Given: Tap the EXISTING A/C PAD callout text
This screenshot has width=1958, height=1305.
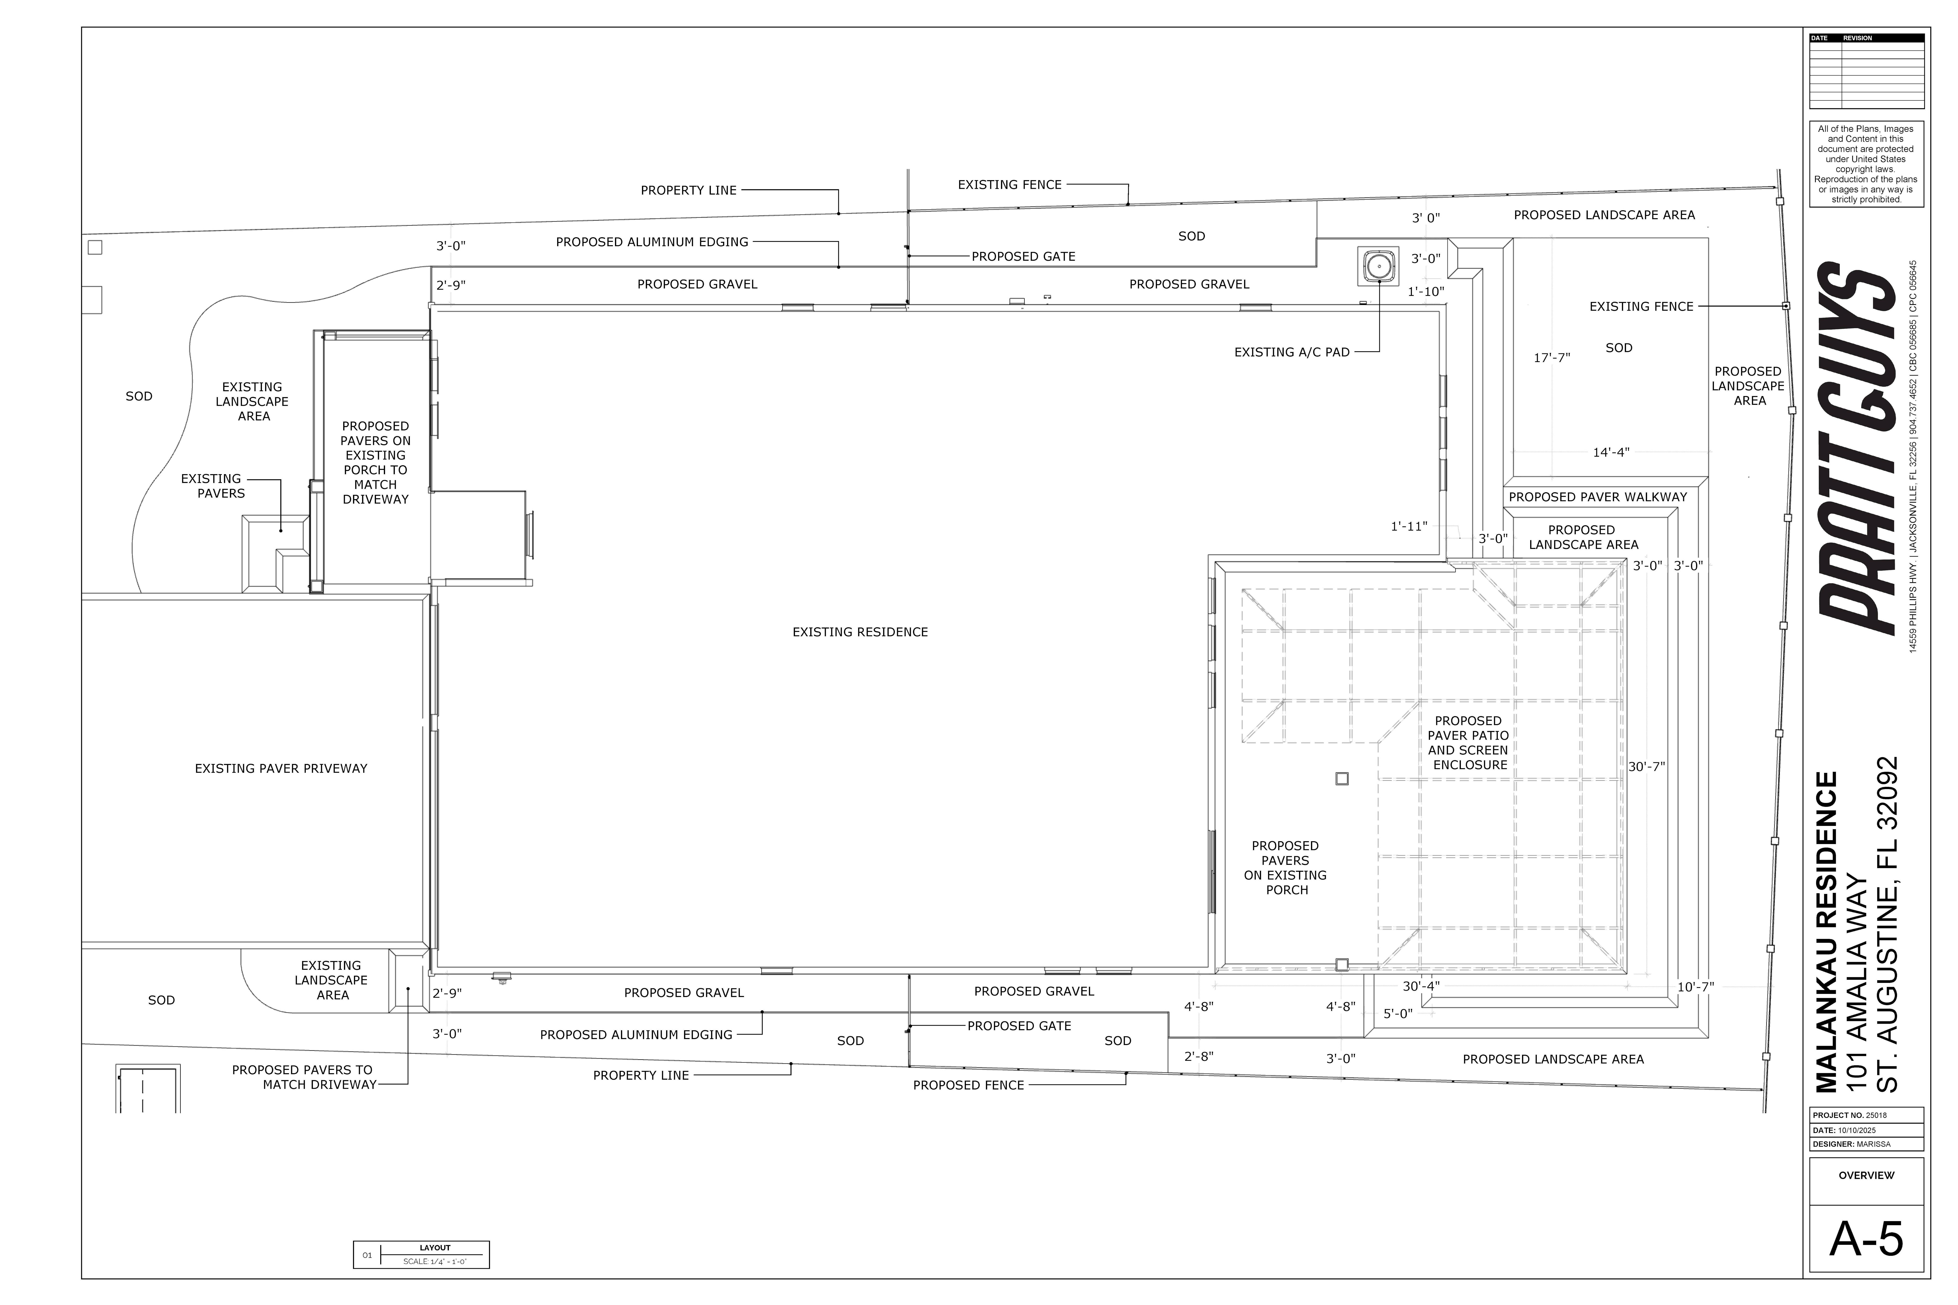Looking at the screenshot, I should (x=1291, y=352).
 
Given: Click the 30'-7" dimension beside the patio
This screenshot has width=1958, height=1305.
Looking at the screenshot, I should (x=1646, y=767).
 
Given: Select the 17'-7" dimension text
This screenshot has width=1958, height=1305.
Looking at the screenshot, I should (x=1552, y=358).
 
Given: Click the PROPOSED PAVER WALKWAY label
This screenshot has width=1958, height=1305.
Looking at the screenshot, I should (x=1598, y=497).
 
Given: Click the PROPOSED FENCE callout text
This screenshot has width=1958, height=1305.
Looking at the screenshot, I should (x=968, y=1085).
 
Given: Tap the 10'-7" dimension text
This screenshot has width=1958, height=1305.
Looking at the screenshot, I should (x=1695, y=987).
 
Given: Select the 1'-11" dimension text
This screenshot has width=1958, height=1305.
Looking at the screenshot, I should (x=1409, y=526).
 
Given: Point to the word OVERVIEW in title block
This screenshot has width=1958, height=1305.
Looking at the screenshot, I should (x=1866, y=1175).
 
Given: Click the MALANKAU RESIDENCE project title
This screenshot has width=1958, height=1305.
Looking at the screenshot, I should (x=1826, y=932).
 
